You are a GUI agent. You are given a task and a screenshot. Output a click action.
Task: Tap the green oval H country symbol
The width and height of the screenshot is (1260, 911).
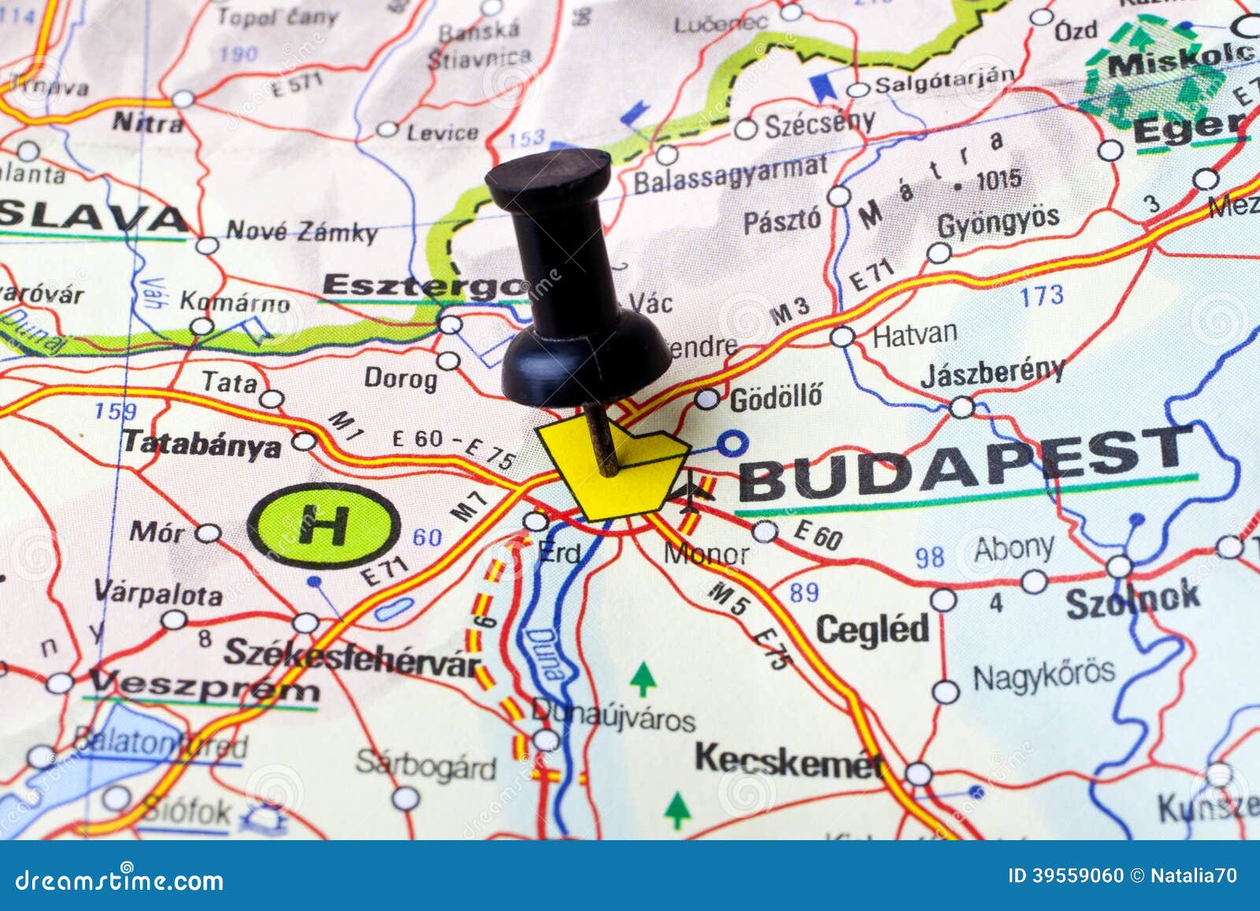click(x=324, y=525)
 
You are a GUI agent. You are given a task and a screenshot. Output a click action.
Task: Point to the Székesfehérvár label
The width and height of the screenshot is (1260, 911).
click(x=352, y=658)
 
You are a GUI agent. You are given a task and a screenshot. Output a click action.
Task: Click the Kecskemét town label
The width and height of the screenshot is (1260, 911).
click(x=788, y=761)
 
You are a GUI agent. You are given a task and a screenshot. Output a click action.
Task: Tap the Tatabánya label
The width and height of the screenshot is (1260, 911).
click(x=202, y=443)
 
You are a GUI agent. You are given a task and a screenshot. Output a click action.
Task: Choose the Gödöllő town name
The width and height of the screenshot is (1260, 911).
click(x=776, y=397)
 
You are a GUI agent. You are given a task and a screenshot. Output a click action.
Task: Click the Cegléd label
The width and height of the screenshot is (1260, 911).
click(x=873, y=629)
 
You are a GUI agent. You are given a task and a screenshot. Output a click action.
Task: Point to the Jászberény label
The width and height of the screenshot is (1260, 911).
click(x=992, y=372)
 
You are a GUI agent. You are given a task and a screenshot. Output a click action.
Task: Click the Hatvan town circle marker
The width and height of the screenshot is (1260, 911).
click(x=843, y=337)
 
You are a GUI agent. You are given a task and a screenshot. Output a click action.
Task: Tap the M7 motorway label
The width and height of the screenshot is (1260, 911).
click(x=469, y=505)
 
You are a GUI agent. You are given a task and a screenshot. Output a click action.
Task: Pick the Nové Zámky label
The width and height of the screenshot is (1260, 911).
click(x=302, y=231)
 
